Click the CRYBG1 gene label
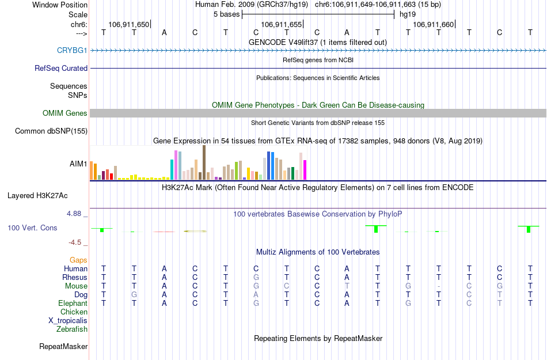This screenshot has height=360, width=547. [x=72, y=51]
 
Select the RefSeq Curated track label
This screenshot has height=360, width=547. [x=61, y=68]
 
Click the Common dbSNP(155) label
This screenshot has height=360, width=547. [x=51, y=131]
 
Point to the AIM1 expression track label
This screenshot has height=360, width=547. [x=78, y=164]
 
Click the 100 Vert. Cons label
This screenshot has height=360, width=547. [x=32, y=228]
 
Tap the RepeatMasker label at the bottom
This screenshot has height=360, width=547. [x=63, y=347]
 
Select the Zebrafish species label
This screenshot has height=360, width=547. [x=72, y=329]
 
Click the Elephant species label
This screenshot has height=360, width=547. [x=73, y=304]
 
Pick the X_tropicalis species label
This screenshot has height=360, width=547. [x=68, y=321]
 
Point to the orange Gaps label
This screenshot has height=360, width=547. [x=78, y=260]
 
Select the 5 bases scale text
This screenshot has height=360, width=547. [x=226, y=14]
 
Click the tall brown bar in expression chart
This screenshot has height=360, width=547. [x=204, y=162]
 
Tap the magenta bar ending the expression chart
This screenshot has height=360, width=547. [x=305, y=170]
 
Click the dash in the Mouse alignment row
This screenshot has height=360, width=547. [x=439, y=286]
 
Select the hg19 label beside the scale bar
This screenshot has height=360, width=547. [x=407, y=14]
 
